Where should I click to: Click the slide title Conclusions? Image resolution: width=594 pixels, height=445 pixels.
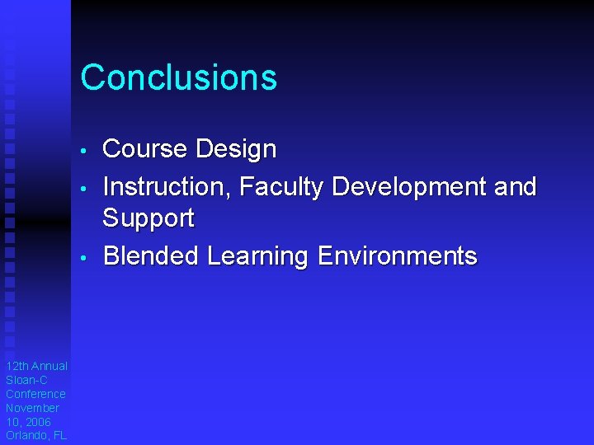coord(178,77)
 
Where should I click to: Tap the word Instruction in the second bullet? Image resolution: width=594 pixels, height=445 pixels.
coord(166,187)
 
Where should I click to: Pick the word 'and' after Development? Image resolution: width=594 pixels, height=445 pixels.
coord(516,187)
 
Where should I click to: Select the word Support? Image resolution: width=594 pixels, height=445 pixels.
coord(148,219)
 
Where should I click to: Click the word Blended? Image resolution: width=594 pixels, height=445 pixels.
coord(151,256)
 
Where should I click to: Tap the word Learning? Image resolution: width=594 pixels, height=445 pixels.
coord(257,256)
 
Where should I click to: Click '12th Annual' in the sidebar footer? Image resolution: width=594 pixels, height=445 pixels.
coord(36,366)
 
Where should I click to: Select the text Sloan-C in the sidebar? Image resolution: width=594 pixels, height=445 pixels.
coord(26,380)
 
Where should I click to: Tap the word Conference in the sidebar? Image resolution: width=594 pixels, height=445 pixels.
coord(35,394)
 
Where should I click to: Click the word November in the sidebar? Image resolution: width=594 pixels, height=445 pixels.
coord(33,408)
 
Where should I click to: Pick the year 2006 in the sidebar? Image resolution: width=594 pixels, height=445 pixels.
coord(37,422)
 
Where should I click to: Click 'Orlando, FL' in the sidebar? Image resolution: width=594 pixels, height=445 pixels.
coord(36,436)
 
